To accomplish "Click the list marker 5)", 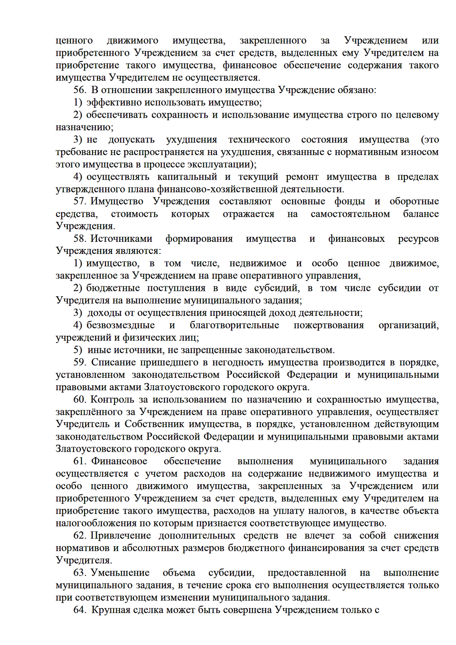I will pos(78,350).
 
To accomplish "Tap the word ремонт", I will pos(302,177).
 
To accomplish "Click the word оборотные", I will pos(414,202).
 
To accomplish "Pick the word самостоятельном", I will pos(350,214).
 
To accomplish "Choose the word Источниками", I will pos(122,239).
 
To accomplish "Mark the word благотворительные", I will pos(234,326).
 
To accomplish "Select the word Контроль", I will pos(112,400).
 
